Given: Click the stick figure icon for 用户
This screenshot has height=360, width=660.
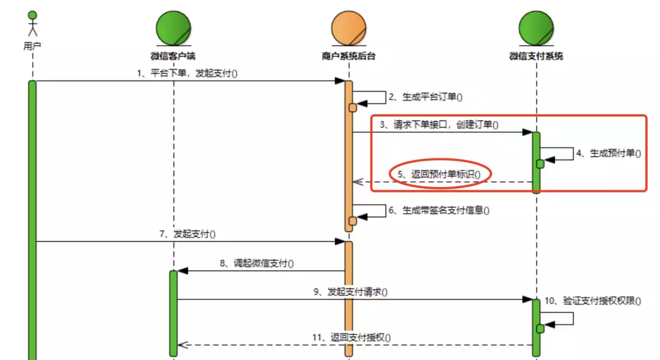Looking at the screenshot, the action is click(32, 24).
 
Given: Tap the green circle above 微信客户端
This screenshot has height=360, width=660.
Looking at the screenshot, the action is click(174, 28).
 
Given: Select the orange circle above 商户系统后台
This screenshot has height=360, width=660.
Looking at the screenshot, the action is click(348, 28).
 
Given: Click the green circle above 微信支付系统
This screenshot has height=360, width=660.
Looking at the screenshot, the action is click(537, 28).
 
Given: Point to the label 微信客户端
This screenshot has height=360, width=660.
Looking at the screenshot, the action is click(173, 56).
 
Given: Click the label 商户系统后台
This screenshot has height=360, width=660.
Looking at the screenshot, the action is click(348, 56).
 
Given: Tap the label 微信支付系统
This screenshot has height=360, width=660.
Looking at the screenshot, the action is click(537, 56).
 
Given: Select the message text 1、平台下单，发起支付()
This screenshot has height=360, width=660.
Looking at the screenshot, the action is click(188, 73).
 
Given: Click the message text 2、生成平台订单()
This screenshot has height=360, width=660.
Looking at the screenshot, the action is click(425, 97).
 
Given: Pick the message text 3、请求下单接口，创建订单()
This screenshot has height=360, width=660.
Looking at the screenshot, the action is click(439, 125).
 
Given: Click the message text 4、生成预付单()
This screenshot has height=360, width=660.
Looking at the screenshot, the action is click(609, 153).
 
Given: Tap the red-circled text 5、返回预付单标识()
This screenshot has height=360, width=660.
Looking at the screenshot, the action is click(439, 174).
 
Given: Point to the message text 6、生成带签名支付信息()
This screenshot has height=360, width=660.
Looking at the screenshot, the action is click(439, 210).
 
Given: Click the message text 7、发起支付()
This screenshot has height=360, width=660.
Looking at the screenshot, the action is click(188, 233).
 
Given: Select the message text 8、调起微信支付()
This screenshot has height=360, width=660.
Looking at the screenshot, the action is click(257, 263).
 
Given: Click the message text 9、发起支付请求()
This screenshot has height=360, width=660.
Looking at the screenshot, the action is click(351, 292).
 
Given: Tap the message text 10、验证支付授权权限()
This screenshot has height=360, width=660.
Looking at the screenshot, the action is click(593, 301).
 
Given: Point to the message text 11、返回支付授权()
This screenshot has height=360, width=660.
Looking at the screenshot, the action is click(351, 337).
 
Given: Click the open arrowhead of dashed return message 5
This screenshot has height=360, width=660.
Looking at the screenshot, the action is click(358, 182).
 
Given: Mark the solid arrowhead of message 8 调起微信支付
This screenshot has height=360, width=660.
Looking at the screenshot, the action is click(183, 271).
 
